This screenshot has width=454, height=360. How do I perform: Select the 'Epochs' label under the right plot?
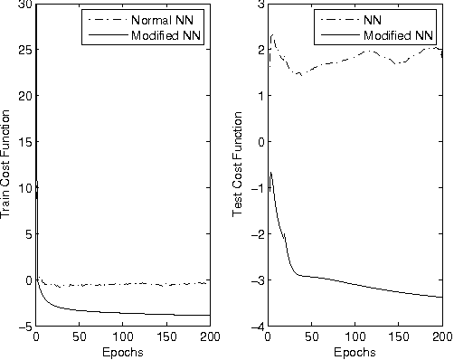click(x=354, y=352)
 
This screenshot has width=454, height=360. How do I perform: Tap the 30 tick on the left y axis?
click(x=22, y=5)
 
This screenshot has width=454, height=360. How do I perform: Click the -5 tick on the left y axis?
click(x=22, y=326)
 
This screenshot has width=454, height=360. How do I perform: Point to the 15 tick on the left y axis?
click(x=22, y=142)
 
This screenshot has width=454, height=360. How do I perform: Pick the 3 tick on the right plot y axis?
click(x=256, y=5)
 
